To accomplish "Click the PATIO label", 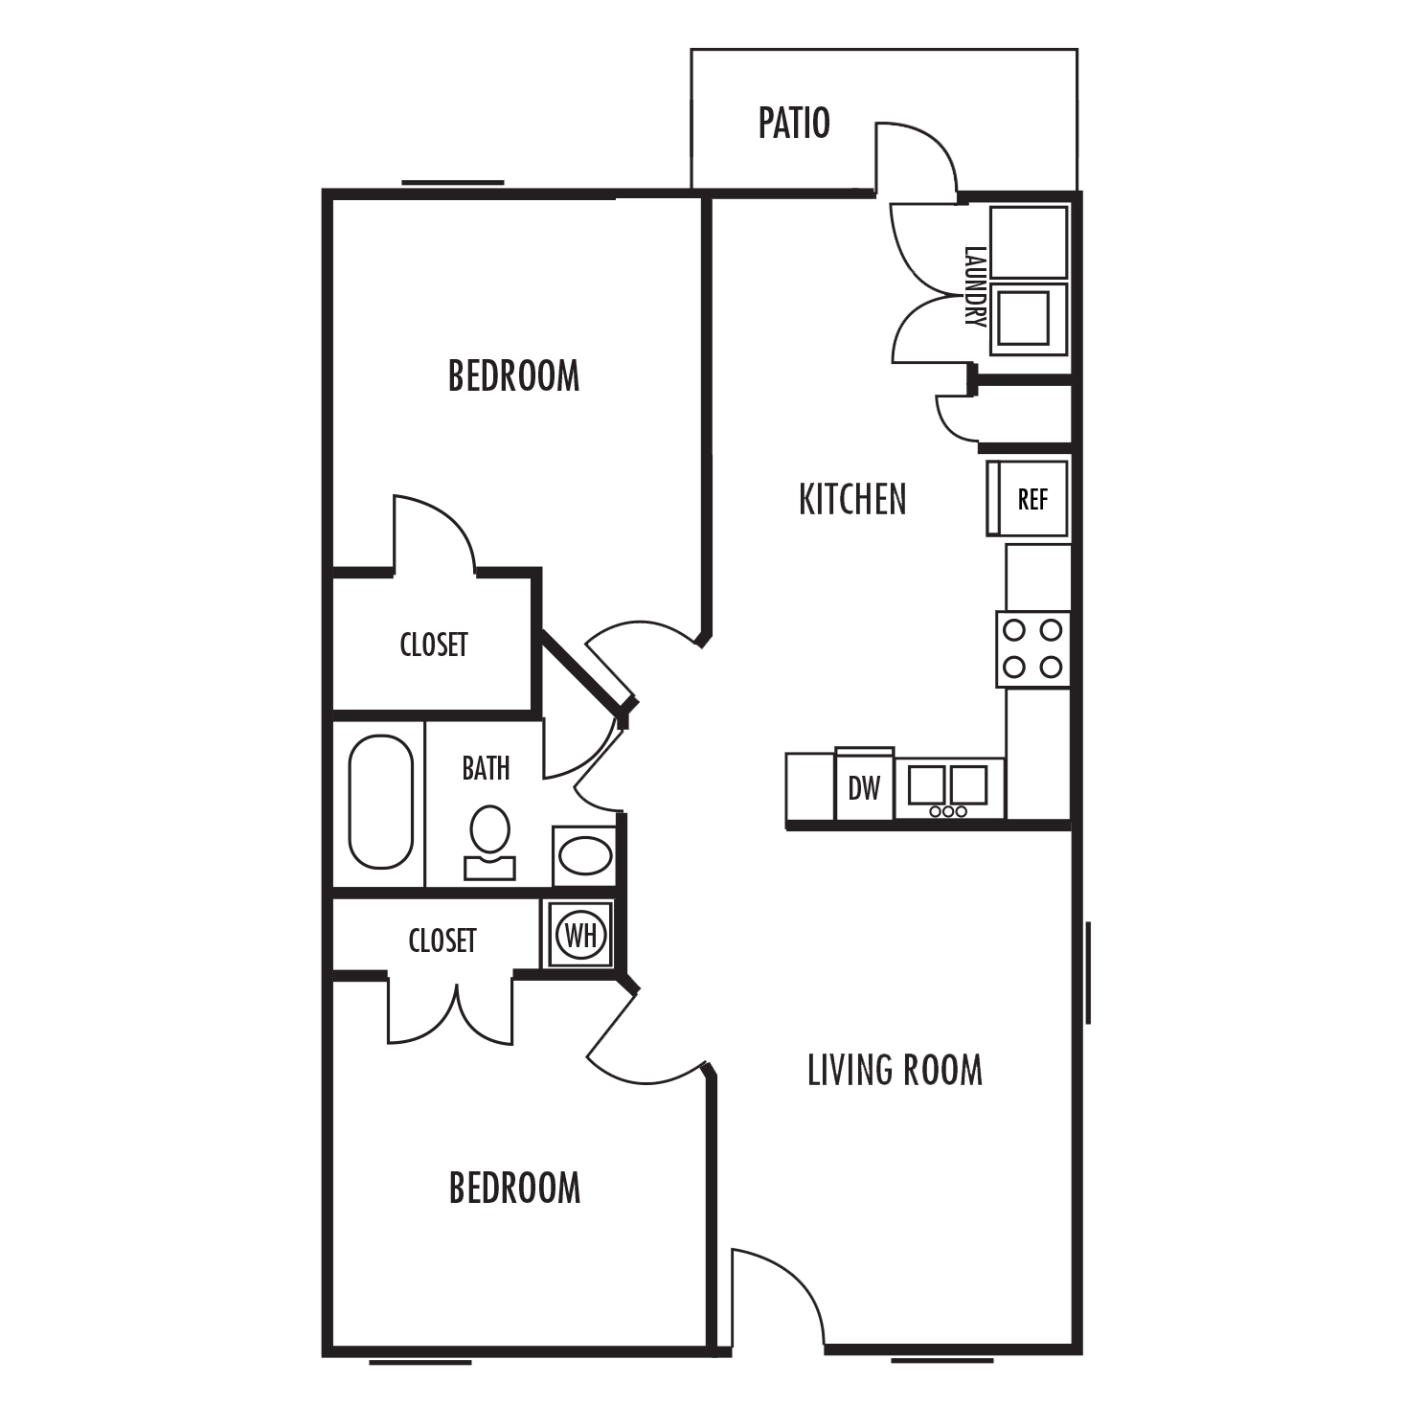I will pos(793,124).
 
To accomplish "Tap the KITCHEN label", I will pos(851,500).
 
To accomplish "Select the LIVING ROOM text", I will pos(895,1071).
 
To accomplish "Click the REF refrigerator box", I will pos(1031,499).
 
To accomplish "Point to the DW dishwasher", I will pos(864,788).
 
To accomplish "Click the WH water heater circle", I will pos(580,934).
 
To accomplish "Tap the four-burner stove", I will pos(1032,648).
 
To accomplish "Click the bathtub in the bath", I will pos(380,802).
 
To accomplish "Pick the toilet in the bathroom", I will pos(489,841).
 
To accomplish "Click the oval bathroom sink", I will pos(584,855).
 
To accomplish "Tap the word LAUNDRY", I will pos(975,286).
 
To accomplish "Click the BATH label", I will pos(486,768).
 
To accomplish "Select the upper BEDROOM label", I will pos(513,376).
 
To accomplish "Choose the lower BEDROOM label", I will pos(514,1189).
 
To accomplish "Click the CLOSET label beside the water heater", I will pos(442,940).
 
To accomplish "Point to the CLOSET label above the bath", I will pos(433,645).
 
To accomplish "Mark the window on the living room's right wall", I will pos(1088,972).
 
